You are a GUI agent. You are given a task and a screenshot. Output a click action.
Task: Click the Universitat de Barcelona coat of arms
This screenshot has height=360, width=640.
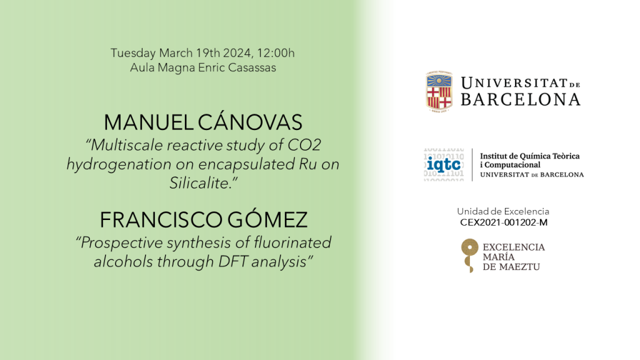click(x=439, y=92)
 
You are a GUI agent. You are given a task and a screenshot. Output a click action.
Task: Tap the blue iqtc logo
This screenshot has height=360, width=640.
click(x=444, y=164)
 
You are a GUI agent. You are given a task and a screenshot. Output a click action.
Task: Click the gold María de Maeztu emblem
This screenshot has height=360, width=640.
click(x=469, y=256)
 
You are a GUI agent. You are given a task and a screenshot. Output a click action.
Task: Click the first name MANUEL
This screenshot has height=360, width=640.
click(x=149, y=122)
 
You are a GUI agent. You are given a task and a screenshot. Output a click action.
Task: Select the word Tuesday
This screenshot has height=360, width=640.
click(x=133, y=54)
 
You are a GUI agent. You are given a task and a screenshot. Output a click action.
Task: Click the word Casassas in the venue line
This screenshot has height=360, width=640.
click(x=252, y=67)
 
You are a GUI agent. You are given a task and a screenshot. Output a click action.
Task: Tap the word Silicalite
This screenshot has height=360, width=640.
click(x=204, y=183)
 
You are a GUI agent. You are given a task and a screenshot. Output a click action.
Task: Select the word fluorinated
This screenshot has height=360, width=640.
click(x=292, y=242)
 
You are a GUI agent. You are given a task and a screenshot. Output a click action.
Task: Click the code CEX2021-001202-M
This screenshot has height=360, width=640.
click(x=504, y=222)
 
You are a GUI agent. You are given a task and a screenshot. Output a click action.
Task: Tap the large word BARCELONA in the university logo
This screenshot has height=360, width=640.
click(x=521, y=99)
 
